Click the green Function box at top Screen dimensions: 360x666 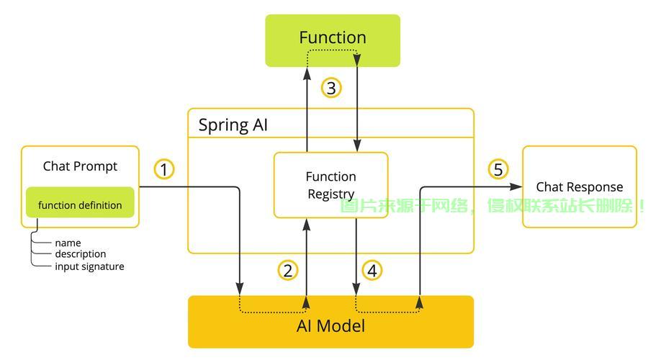[x=332, y=40]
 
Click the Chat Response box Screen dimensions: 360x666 [x=579, y=187]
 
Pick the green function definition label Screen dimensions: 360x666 [x=80, y=205]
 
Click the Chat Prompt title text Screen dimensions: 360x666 [x=80, y=166]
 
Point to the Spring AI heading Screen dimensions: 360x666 [x=233, y=125]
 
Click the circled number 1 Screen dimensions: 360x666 [x=164, y=170]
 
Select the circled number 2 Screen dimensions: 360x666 [x=288, y=271]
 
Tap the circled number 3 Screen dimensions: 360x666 [x=330, y=89]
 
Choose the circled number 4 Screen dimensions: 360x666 [x=372, y=271]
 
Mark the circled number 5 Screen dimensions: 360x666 [x=498, y=170]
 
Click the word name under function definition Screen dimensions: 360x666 [x=68, y=243]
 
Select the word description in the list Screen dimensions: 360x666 [x=80, y=254]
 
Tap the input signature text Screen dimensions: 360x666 [x=89, y=266]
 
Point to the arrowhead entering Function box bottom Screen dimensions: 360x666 [x=307, y=73]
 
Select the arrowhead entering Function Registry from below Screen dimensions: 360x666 [x=307, y=224]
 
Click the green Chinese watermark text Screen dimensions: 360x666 [x=493, y=206]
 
